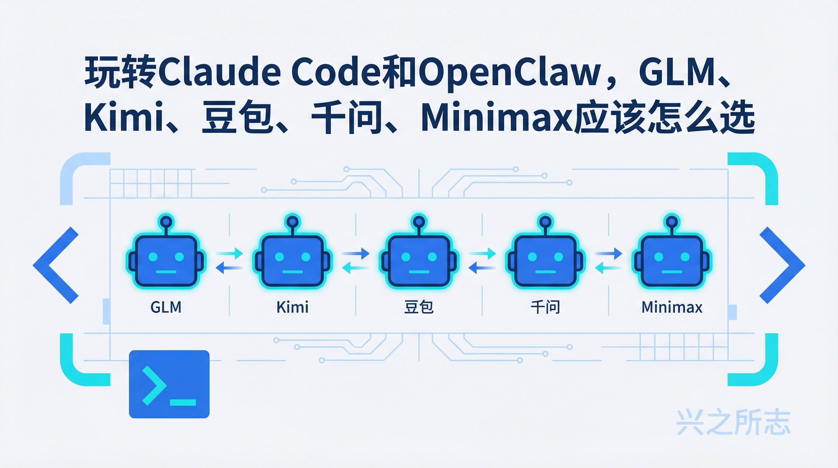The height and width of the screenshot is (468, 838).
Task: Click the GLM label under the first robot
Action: pyautogui.click(x=166, y=307)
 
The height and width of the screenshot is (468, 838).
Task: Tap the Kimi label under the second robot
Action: pyautogui.click(x=292, y=307)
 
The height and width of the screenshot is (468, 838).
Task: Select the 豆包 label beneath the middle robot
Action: pyautogui.click(x=419, y=307)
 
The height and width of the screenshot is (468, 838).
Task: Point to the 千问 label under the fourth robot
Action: pyautogui.click(x=545, y=307)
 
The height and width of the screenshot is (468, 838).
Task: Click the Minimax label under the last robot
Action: pyautogui.click(x=672, y=307)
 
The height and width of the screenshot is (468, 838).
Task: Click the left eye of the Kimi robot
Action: pyautogui.click(x=280, y=257)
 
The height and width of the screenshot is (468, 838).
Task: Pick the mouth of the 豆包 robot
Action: pyautogui.click(x=419, y=272)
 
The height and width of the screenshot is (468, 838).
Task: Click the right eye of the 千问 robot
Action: pyautogui.click(x=558, y=257)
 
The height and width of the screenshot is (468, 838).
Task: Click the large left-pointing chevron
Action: pyautogui.click(x=55, y=265)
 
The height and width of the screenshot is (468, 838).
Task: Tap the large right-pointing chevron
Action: pyautogui.click(x=782, y=265)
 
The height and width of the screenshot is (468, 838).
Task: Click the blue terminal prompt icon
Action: pyautogui.click(x=169, y=384)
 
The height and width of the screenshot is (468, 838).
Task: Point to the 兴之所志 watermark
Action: pyautogui.click(x=733, y=422)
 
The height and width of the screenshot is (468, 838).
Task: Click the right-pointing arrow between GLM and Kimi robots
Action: pyautogui.click(x=229, y=253)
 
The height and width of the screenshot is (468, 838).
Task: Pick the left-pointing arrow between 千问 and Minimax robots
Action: pyautogui.click(x=608, y=268)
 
